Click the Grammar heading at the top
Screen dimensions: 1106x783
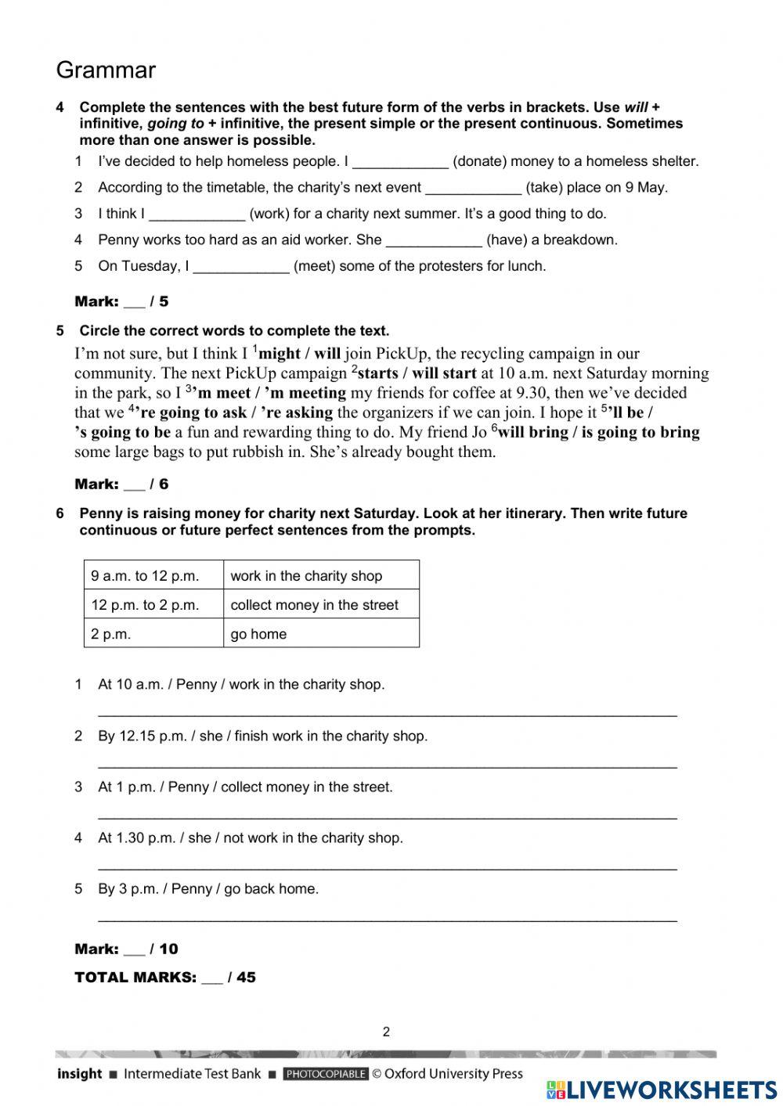click(x=106, y=70)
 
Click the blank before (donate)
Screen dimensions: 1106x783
click(x=400, y=163)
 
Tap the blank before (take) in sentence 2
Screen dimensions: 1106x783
click(x=473, y=189)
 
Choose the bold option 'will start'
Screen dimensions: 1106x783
click(x=444, y=373)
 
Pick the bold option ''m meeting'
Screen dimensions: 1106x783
click(x=305, y=393)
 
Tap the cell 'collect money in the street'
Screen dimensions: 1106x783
click(x=315, y=605)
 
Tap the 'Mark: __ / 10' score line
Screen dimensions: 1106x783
click(x=126, y=949)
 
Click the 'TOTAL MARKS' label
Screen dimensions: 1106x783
click(x=135, y=978)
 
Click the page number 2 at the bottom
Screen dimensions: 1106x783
click(x=386, y=1032)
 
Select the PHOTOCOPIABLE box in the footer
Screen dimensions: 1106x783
click(x=325, y=1074)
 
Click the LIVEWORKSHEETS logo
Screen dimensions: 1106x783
click(x=662, y=1090)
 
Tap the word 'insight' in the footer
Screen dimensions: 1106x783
click(x=79, y=1074)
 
